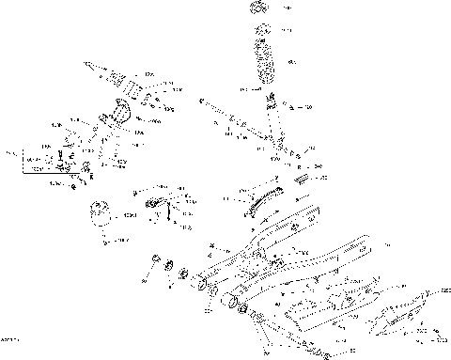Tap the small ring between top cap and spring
263,31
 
